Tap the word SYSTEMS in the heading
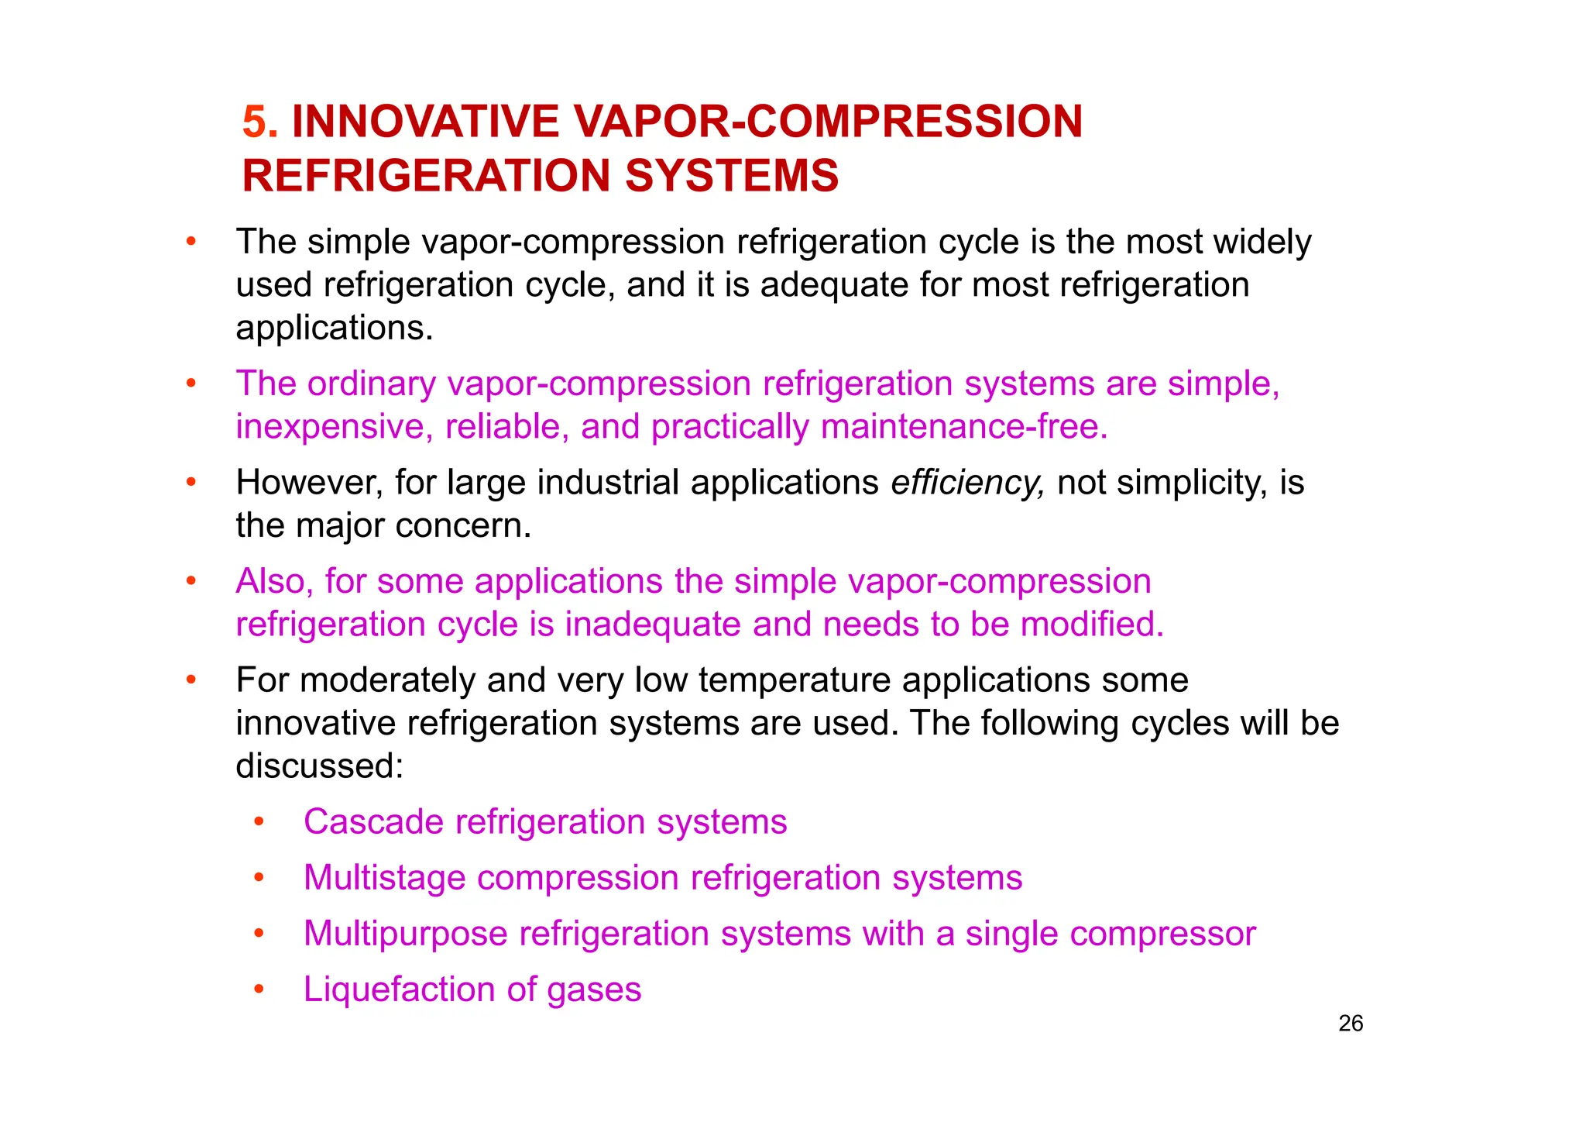coord(732,176)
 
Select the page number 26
coord(1350,1024)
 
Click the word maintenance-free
coord(964,427)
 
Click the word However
coord(309,483)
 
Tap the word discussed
coord(319,766)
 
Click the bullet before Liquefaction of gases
coord(259,989)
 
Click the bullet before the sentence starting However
coord(191,482)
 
